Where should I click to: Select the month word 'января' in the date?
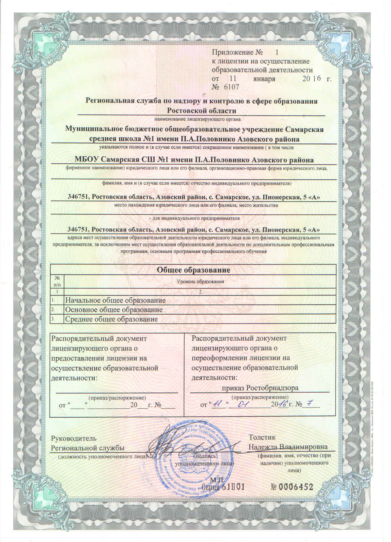point(264,79)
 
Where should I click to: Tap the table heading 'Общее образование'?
point(193,270)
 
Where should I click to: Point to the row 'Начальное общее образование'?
point(115,300)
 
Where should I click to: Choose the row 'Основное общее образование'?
point(114,310)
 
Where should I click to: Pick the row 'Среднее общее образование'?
point(111,319)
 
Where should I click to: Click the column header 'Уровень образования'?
point(200,282)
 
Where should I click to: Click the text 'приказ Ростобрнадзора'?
point(260,388)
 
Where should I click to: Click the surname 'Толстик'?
point(262,438)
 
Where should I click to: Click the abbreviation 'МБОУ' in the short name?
point(88,160)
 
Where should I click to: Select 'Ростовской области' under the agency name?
point(202,110)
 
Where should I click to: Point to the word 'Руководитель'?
point(74,438)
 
